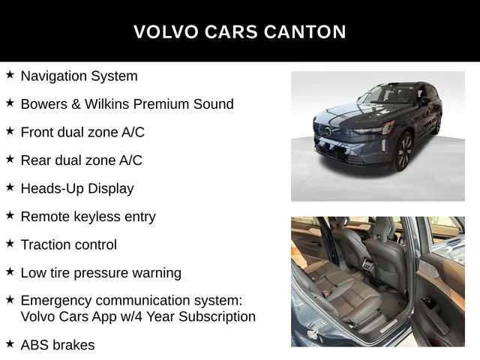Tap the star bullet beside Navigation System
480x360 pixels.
tap(10, 75)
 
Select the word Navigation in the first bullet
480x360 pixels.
tap(52, 76)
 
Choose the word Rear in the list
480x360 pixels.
tap(36, 160)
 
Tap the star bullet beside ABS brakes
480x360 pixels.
tap(10, 344)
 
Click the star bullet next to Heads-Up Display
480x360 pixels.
tap(10, 187)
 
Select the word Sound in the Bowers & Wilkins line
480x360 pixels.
tap(214, 104)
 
